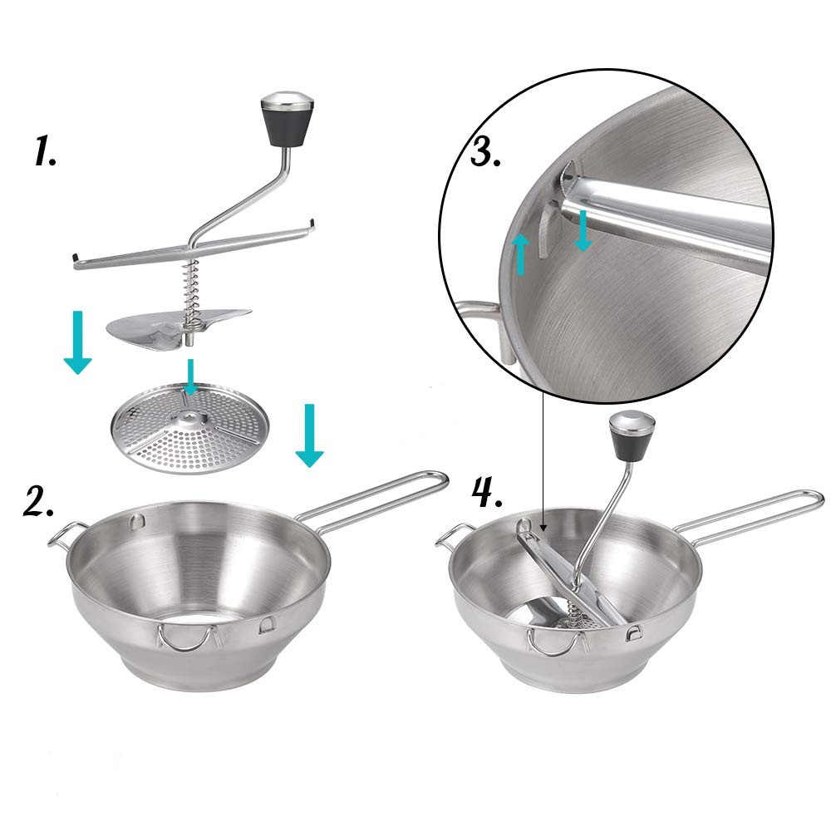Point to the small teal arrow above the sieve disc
(x=191, y=376)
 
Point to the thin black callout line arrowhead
(x=543, y=525)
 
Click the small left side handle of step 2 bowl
(x=65, y=536)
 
